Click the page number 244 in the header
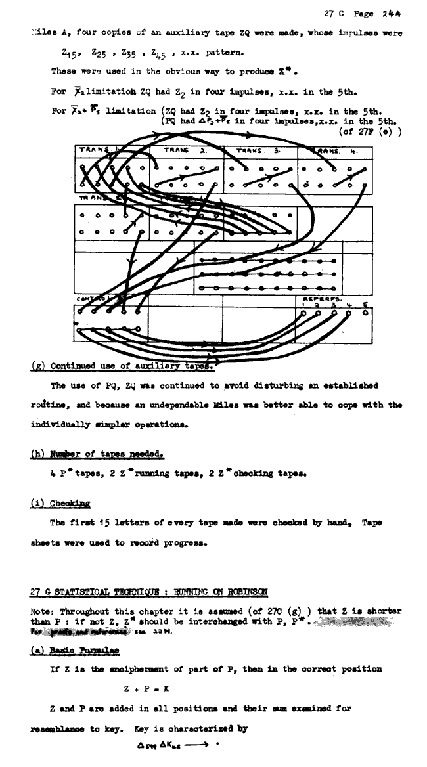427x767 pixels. point(392,13)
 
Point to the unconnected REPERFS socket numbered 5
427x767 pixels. point(365,313)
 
